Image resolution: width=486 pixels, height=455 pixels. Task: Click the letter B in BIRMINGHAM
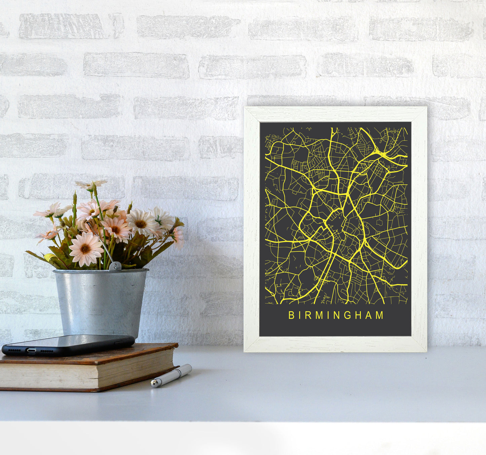(x=291, y=315)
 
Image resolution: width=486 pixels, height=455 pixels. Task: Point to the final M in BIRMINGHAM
(x=380, y=315)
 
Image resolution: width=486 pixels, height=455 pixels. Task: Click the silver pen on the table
(x=171, y=376)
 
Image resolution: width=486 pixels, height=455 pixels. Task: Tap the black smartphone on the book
(x=67, y=345)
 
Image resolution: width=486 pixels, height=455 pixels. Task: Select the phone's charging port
(x=32, y=350)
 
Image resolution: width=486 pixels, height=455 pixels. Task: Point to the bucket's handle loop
(x=115, y=266)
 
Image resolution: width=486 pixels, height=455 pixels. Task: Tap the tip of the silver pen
(x=154, y=383)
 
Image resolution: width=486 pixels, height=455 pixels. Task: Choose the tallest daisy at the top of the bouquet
(x=91, y=184)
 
